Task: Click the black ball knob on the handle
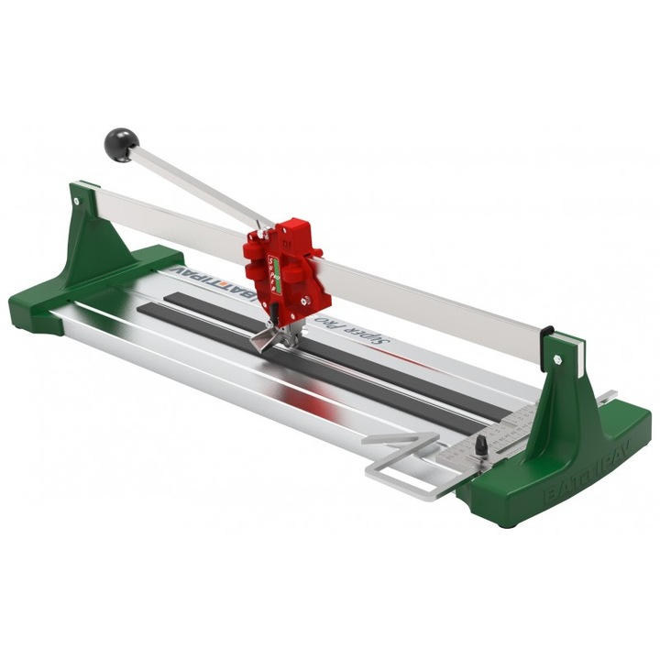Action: click(120, 144)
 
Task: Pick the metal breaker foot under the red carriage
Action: click(268, 339)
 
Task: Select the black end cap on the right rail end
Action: click(546, 332)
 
